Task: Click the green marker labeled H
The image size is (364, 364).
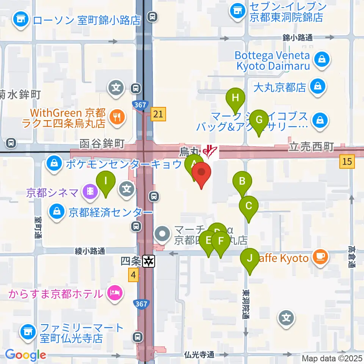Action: (x=235, y=98)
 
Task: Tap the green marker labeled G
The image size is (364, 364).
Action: (x=259, y=120)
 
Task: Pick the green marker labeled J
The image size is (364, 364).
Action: (x=249, y=259)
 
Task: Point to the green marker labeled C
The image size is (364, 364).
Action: (x=249, y=207)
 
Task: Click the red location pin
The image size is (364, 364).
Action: (x=201, y=174)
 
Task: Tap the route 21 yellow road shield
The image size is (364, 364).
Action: (x=158, y=114)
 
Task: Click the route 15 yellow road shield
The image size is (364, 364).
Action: (x=347, y=162)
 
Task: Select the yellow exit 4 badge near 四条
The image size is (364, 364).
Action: (x=133, y=275)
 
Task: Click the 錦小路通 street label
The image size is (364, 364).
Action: (x=297, y=38)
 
